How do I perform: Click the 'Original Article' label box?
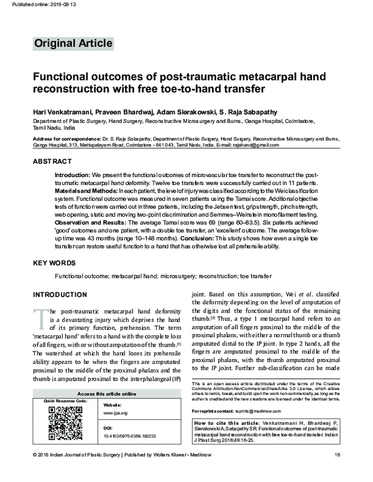pyautogui.click(x=73, y=43)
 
